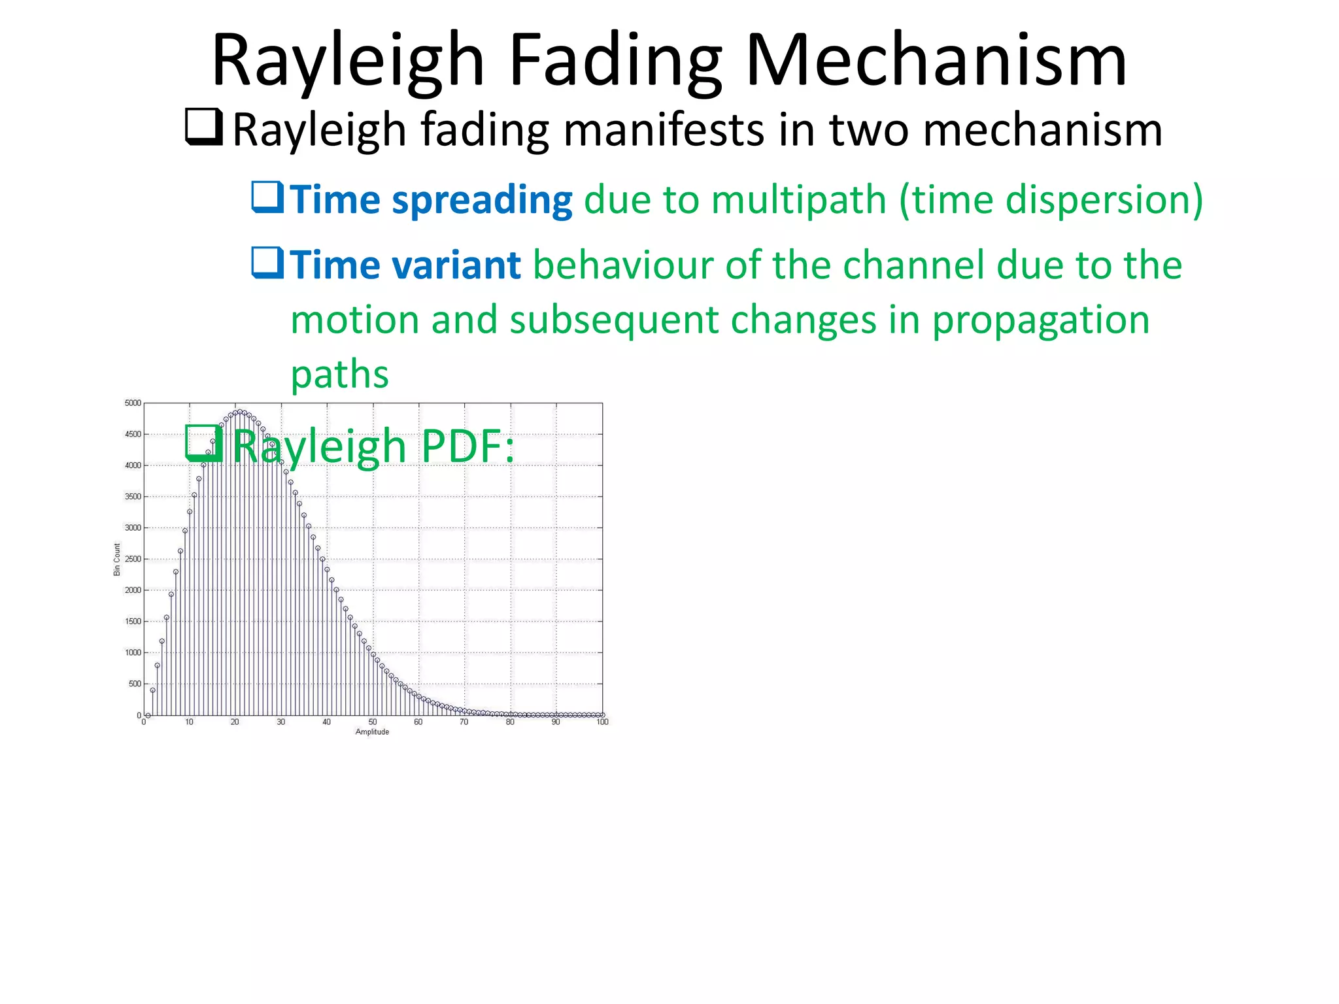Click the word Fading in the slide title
tap(615, 62)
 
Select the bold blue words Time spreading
tap(432, 200)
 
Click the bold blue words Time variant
tap(405, 266)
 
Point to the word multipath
tap(798, 200)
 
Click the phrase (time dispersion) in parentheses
tap(1051, 200)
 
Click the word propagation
tap(1040, 320)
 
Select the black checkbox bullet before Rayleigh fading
tap(204, 127)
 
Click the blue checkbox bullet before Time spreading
tap(267, 197)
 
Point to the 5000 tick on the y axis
tap(133, 403)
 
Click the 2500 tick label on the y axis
tap(133, 560)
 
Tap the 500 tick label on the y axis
tap(135, 684)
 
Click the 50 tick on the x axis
tap(373, 722)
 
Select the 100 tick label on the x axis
tap(602, 722)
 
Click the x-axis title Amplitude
tap(372, 732)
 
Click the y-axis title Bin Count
tap(117, 560)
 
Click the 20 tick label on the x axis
tap(235, 722)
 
